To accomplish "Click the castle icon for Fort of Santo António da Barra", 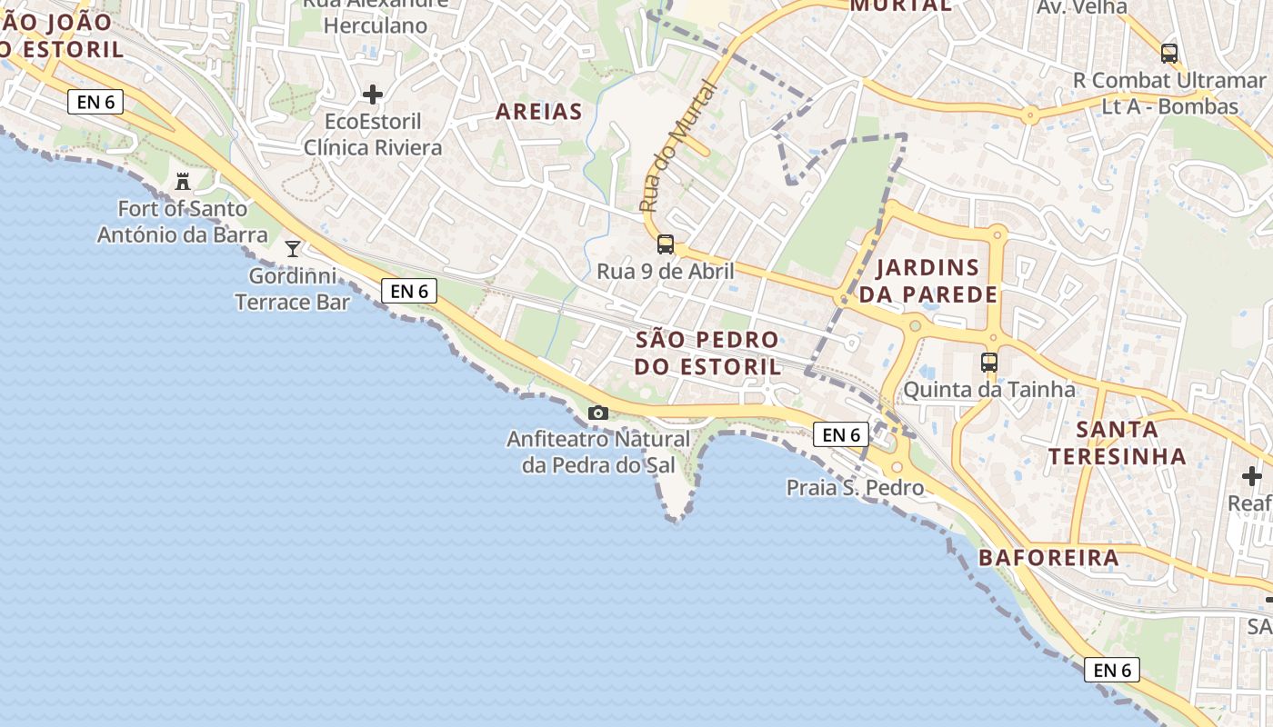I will pyautogui.click(x=183, y=181).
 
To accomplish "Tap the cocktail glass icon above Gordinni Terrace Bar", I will pyautogui.click(x=293, y=248).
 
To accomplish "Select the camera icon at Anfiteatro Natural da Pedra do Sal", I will pyautogui.click(x=597, y=413).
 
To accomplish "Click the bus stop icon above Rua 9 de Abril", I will pyautogui.click(x=666, y=244).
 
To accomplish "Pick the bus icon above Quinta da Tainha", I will pyautogui.click(x=989, y=363).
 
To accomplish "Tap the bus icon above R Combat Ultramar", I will pyautogui.click(x=1169, y=54).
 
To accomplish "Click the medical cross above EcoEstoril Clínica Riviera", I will pyautogui.click(x=373, y=95).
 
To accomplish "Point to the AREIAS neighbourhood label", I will pyautogui.click(x=538, y=112).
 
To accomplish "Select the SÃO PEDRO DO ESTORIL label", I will pyautogui.click(x=707, y=354).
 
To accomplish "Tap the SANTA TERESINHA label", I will pyautogui.click(x=1118, y=443).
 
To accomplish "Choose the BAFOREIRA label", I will pyautogui.click(x=1048, y=558).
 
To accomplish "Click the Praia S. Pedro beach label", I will pyautogui.click(x=855, y=488).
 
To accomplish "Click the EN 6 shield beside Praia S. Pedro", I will pyautogui.click(x=841, y=435).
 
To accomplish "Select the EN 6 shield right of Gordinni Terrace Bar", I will pyautogui.click(x=409, y=291).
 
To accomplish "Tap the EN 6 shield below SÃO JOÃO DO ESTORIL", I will pyautogui.click(x=95, y=102).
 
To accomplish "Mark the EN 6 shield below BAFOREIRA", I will pyautogui.click(x=1112, y=671).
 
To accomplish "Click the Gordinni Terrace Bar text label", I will pyautogui.click(x=293, y=289).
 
